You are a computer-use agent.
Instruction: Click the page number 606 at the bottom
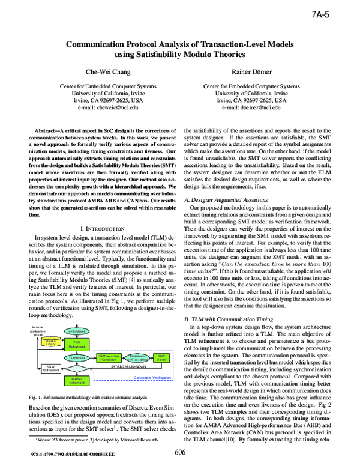[x=180, y=452]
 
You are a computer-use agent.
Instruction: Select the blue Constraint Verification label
[x=152, y=378]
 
